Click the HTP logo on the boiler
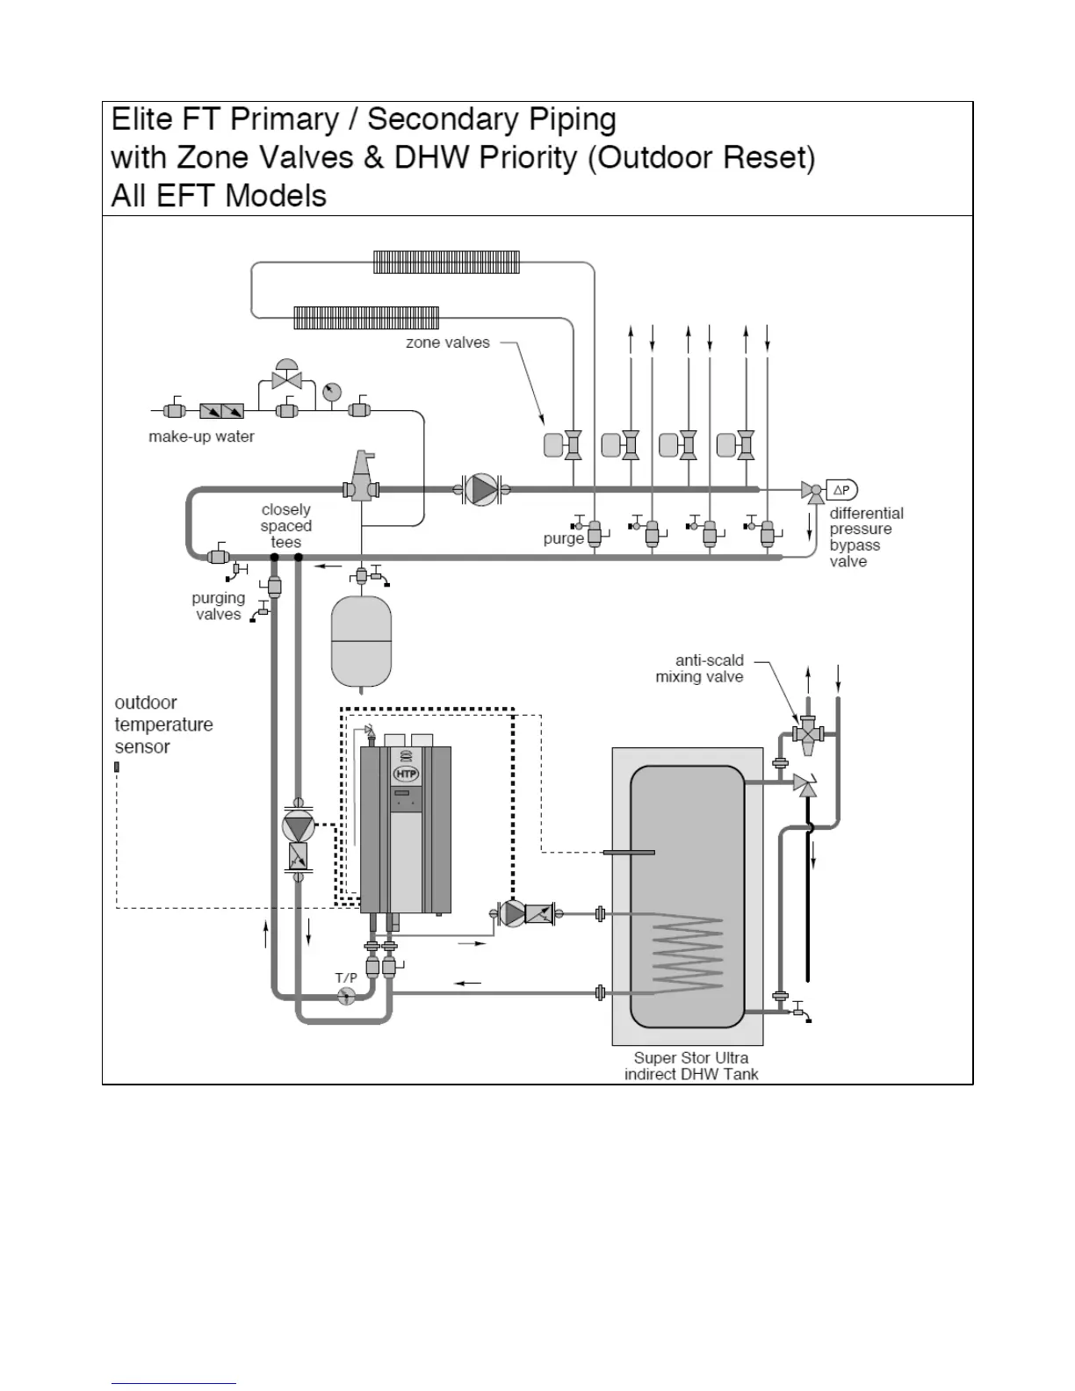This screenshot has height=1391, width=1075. [x=406, y=774]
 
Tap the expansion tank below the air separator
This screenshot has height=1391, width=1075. [x=361, y=641]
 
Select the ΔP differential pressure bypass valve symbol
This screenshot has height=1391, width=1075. [x=841, y=490]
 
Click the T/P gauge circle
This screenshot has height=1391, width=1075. [x=346, y=995]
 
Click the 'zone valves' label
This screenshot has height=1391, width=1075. [x=448, y=342]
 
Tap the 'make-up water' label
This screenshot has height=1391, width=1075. [x=201, y=436]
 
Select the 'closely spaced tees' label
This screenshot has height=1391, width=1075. [x=286, y=526]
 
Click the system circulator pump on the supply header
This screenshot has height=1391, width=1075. [x=480, y=489]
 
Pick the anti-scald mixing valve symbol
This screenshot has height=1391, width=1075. [x=807, y=732]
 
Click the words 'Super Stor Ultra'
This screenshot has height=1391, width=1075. [x=691, y=1057]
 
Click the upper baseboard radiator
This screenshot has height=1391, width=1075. [x=446, y=262]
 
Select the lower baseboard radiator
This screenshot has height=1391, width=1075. [x=366, y=317]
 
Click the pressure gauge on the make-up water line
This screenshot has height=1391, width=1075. [x=331, y=392]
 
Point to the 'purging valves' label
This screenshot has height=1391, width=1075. [x=218, y=606]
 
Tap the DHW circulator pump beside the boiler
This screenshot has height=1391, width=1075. [x=514, y=913]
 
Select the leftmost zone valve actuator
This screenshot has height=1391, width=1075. [x=553, y=445]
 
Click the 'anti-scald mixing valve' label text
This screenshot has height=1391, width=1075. [x=700, y=668]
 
